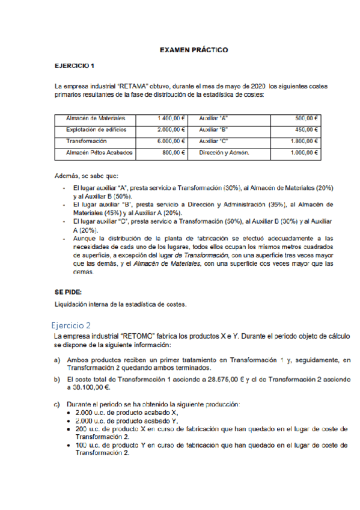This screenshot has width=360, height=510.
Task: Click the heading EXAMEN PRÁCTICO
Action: (x=194, y=51)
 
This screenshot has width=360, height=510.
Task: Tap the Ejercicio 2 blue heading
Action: (x=72, y=325)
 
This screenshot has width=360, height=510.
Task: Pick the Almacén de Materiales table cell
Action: (x=96, y=118)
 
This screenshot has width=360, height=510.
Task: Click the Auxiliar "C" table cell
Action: (x=213, y=141)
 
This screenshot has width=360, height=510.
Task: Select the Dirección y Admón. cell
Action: (x=224, y=153)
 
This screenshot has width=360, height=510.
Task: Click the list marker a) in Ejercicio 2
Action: (x=56, y=360)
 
